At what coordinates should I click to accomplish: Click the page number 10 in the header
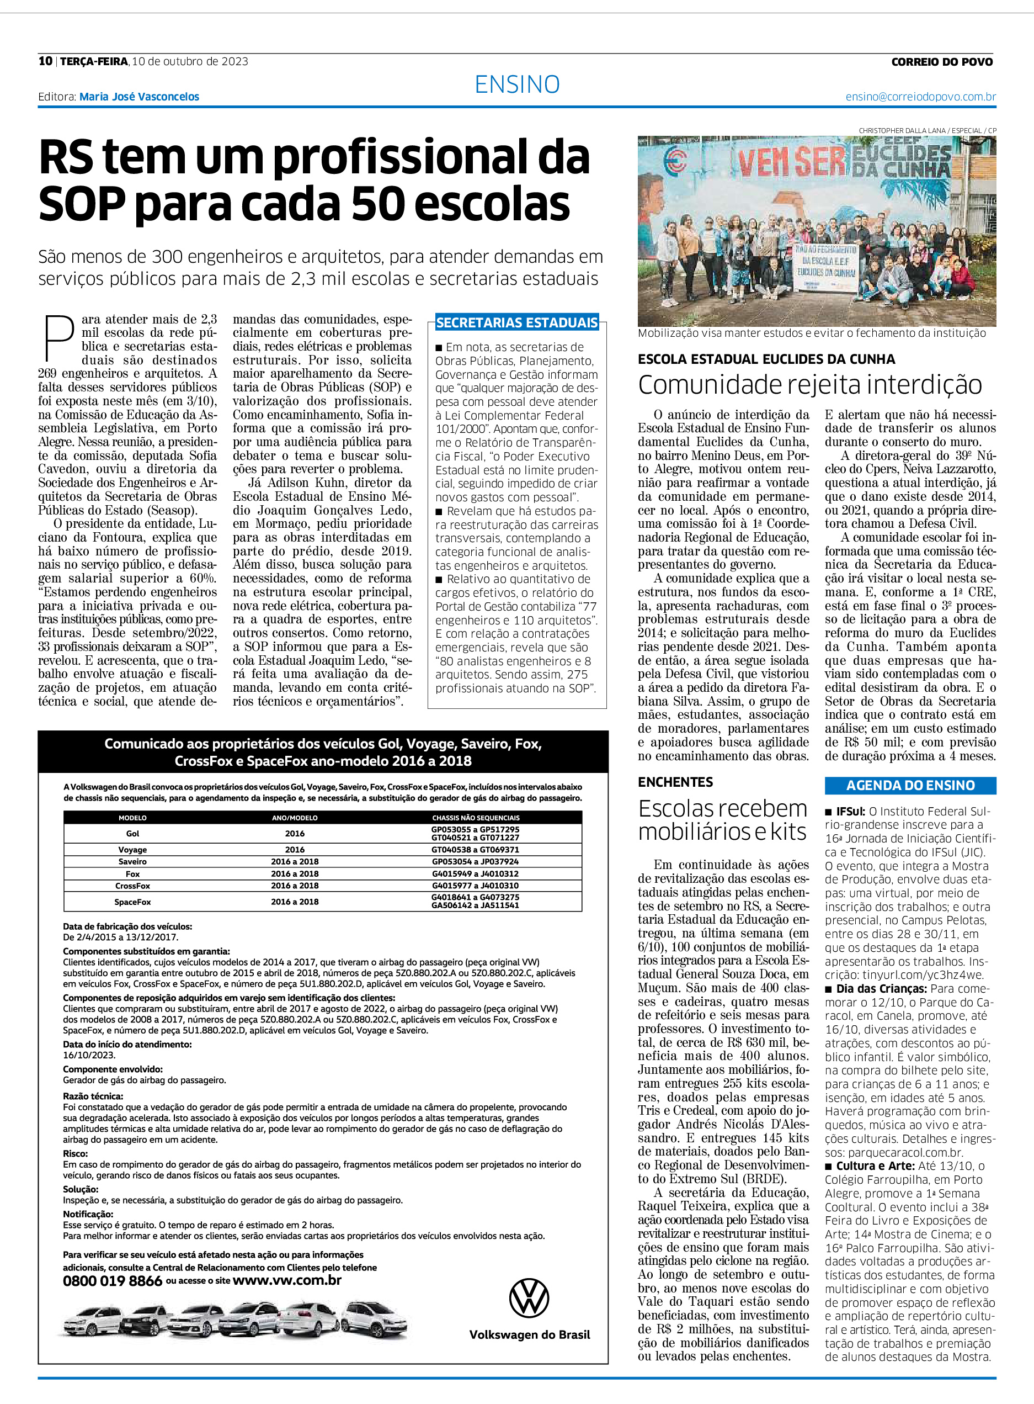point(45,61)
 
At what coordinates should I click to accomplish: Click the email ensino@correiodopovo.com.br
point(920,97)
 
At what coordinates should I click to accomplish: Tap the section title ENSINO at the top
point(517,84)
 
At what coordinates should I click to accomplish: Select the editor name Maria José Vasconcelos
point(139,97)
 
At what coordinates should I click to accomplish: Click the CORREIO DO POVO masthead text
point(941,62)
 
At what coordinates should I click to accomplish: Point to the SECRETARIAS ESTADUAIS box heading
point(517,323)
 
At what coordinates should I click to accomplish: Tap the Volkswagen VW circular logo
point(529,1298)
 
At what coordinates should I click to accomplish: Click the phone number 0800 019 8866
point(112,1281)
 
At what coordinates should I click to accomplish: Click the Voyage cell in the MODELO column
point(132,850)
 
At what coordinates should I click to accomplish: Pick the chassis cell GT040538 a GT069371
point(475,850)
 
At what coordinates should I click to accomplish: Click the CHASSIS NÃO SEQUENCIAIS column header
point(475,818)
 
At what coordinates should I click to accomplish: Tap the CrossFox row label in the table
point(132,886)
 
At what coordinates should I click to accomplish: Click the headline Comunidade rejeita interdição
point(810,384)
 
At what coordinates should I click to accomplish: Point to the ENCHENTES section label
point(675,782)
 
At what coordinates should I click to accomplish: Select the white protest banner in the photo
point(825,267)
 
